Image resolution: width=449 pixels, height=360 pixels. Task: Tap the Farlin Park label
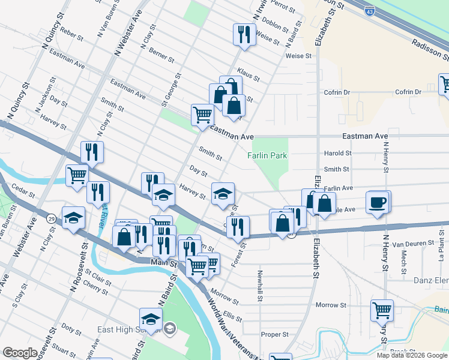pos(267,155)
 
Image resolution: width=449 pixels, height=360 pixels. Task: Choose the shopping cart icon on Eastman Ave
pos(202,114)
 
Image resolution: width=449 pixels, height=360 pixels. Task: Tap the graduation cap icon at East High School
pos(151,319)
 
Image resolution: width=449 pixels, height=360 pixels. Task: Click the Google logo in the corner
pos(20,353)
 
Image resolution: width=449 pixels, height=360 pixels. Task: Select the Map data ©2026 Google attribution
pos(411,355)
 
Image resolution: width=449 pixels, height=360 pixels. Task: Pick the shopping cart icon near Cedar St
pos(77,176)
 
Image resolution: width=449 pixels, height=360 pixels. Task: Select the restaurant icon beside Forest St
pos(238,226)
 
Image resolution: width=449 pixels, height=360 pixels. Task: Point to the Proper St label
pos(279,334)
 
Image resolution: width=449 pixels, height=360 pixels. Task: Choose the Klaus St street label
pos(248,74)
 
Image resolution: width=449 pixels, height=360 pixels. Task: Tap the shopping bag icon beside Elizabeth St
pos(324,203)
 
